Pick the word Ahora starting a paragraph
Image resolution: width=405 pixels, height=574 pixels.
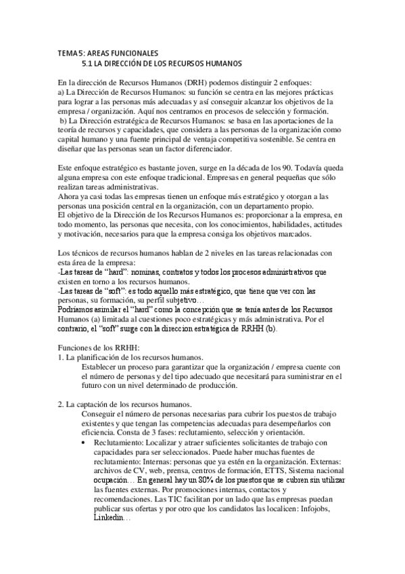(x=69, y=196)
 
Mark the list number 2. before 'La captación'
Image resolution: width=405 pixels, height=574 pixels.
(x=61, y=405)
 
